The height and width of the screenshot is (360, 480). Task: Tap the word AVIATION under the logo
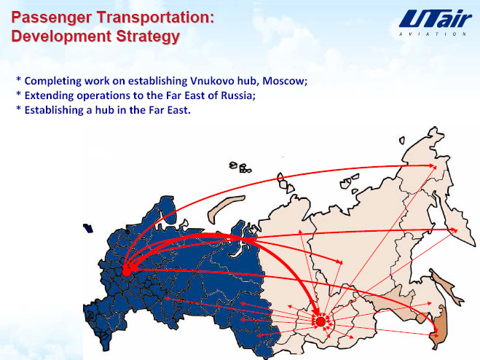[x=433, y=34]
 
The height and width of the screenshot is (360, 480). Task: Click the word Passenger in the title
[x=51, y=17]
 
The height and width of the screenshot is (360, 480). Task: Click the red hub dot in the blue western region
[x=127, y=271]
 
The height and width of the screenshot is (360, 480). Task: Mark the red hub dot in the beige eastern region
[x=320, y=321]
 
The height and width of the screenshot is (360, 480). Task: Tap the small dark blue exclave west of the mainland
[x=88, y=228]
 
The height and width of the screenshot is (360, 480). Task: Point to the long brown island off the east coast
[x=446, y=288]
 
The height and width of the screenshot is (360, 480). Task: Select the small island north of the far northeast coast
[x=402, y=141]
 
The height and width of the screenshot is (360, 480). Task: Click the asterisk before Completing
[x=19, y=80]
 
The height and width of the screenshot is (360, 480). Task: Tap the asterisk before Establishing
[x=19, y=109]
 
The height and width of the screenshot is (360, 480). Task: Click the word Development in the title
[x=61, y=36]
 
